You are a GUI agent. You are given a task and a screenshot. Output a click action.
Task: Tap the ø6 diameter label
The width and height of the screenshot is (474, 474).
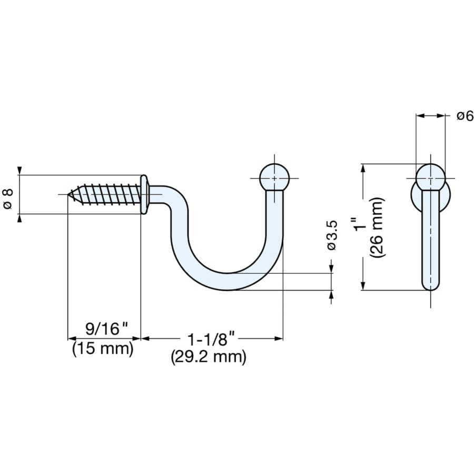[x=465, y=116]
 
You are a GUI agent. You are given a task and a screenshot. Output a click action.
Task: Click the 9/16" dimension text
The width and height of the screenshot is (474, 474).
[x=107, y=329]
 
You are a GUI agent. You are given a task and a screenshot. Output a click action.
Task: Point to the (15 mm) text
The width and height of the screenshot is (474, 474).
[x=103, y=348]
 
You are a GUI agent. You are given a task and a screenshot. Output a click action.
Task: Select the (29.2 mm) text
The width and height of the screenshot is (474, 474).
[x=209, y=357]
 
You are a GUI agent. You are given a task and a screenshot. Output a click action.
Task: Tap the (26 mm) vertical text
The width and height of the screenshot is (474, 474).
[x=378, y=228]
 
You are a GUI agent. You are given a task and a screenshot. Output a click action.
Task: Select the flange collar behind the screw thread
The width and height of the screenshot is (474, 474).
[x=144, y=194]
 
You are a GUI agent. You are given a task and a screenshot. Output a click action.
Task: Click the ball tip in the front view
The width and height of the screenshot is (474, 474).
[x=430, y=176]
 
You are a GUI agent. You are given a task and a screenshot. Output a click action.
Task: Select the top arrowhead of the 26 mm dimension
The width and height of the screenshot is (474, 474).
[x=362, y=168]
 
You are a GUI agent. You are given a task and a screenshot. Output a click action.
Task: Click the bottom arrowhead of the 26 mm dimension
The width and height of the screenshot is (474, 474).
[x=362, y=285]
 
